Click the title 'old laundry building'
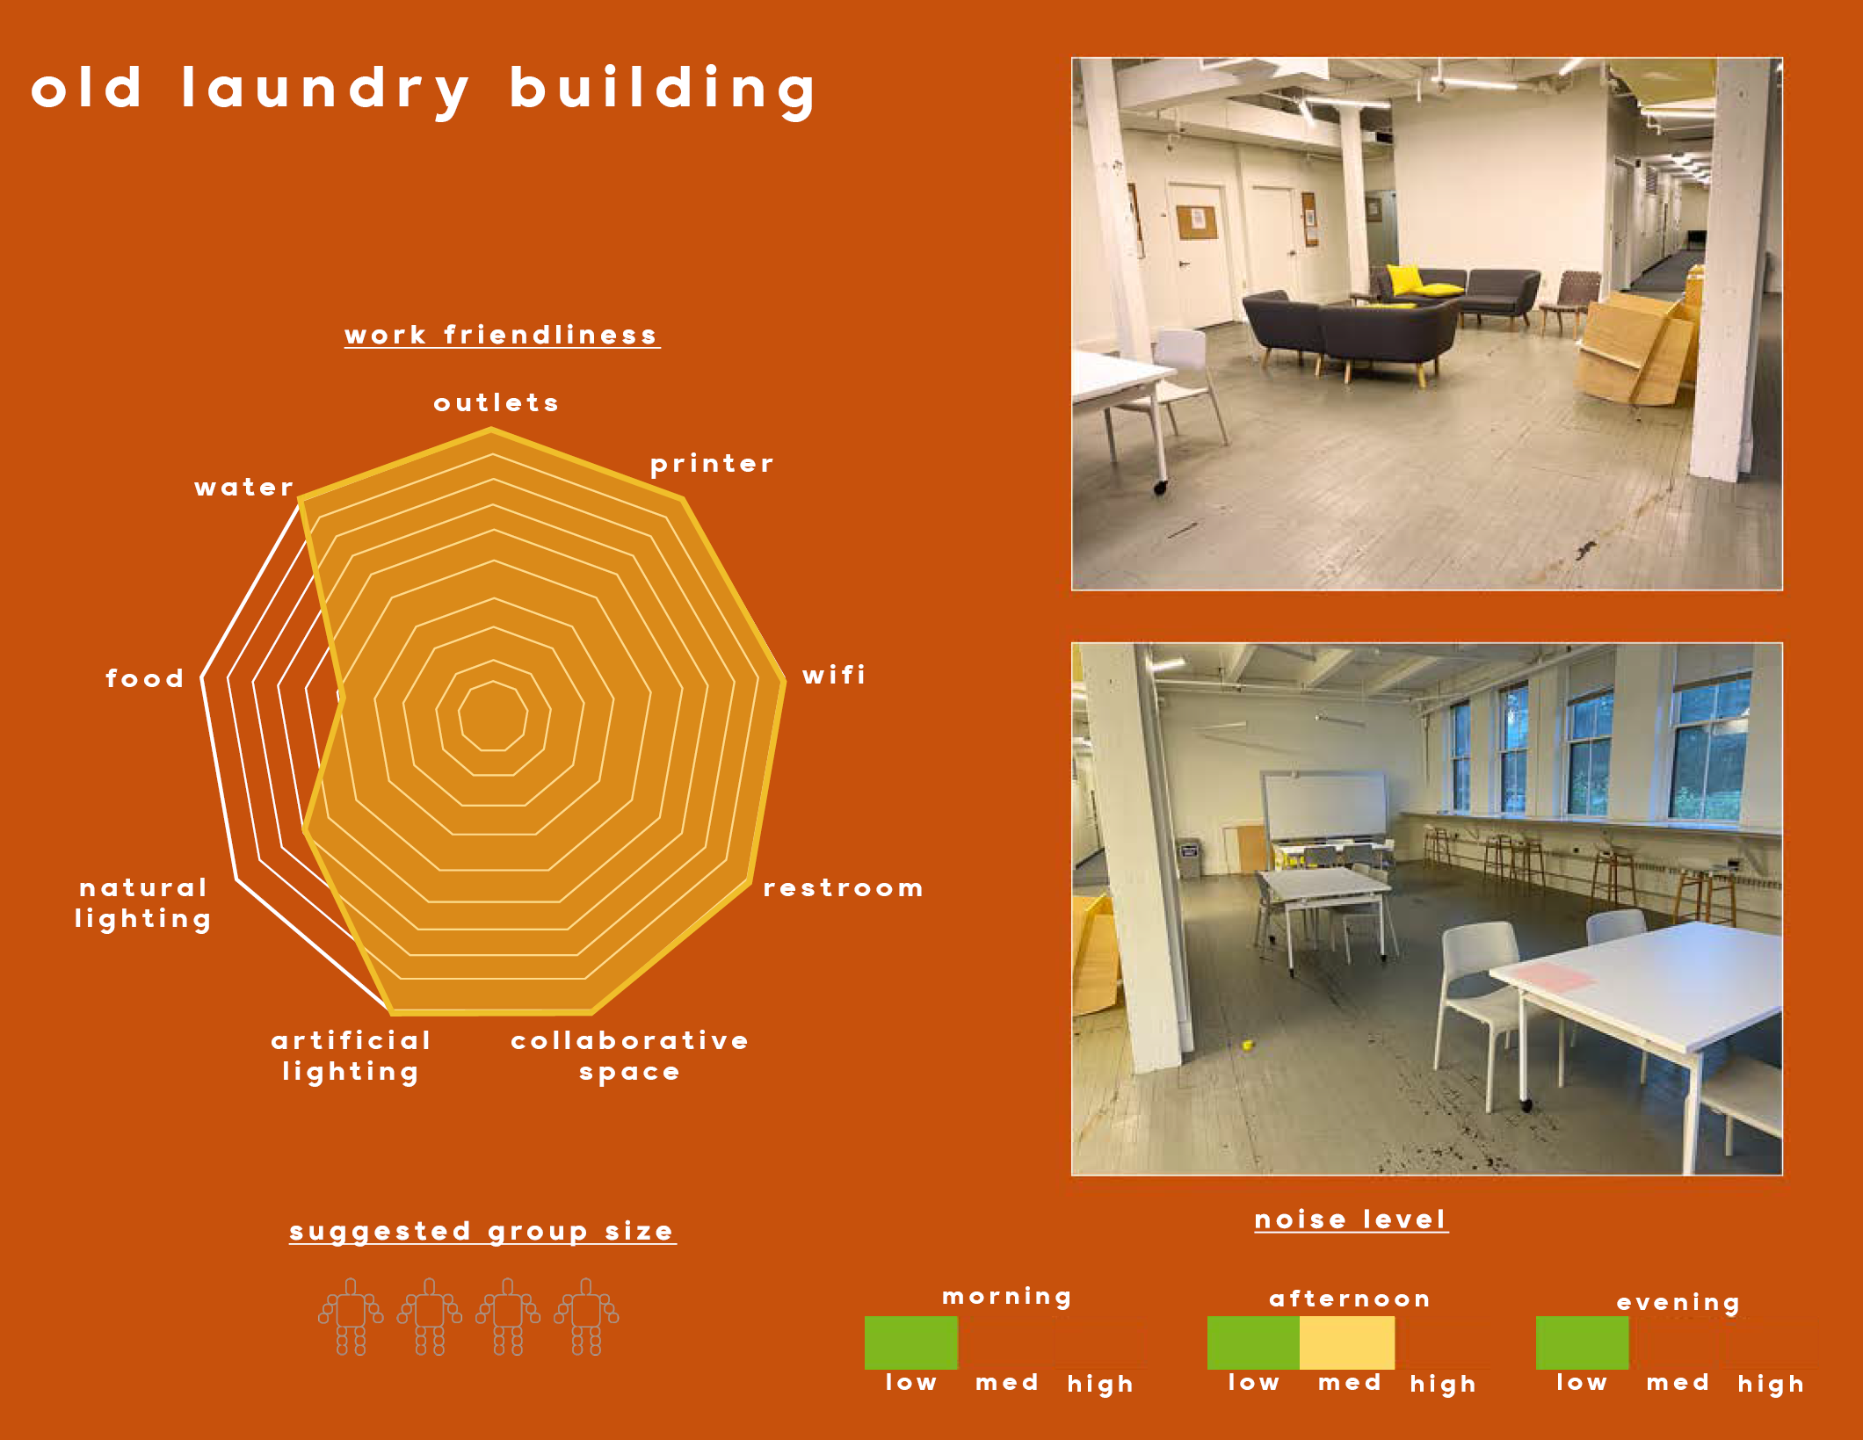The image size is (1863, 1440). [424, 90]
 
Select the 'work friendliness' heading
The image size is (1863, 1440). [501, 335]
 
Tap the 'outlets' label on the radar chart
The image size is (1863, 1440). [497, 402]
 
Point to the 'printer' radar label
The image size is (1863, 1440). [712, 463]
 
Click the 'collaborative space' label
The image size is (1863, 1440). [630, 1056]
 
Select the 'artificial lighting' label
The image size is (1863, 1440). [352, 1056]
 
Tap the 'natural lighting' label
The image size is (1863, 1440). [143, 903]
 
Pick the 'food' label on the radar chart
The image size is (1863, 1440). [145, 677]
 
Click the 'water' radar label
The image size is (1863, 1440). [244, 487]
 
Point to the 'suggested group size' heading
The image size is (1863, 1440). [482, 1232]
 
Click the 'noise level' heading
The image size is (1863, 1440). [1351, 1219]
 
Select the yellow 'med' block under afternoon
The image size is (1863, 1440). [1347, 1342]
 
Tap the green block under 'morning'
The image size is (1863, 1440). [911, 1342]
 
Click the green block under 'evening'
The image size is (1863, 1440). [1582, 1342]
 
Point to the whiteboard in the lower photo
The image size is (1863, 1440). [1324, 806]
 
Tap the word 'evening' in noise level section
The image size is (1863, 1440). [1678, 1302]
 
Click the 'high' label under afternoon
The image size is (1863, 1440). [1443, 1384]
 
